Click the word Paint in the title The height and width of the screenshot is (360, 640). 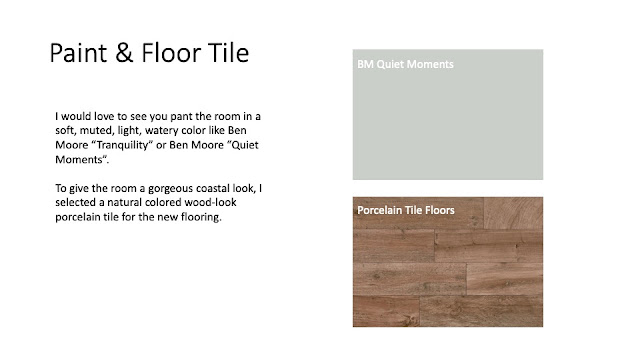point(78,53)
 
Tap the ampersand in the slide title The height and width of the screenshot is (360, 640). point(124,53)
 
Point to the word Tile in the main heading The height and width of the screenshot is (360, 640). point(229,53)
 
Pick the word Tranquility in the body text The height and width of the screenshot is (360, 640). point(124,145)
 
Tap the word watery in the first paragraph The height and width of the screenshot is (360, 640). point(162,131)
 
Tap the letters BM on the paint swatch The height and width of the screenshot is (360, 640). point(365,64)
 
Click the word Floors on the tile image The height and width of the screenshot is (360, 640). point(440,210)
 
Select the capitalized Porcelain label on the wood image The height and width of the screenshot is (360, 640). point(381,210)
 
